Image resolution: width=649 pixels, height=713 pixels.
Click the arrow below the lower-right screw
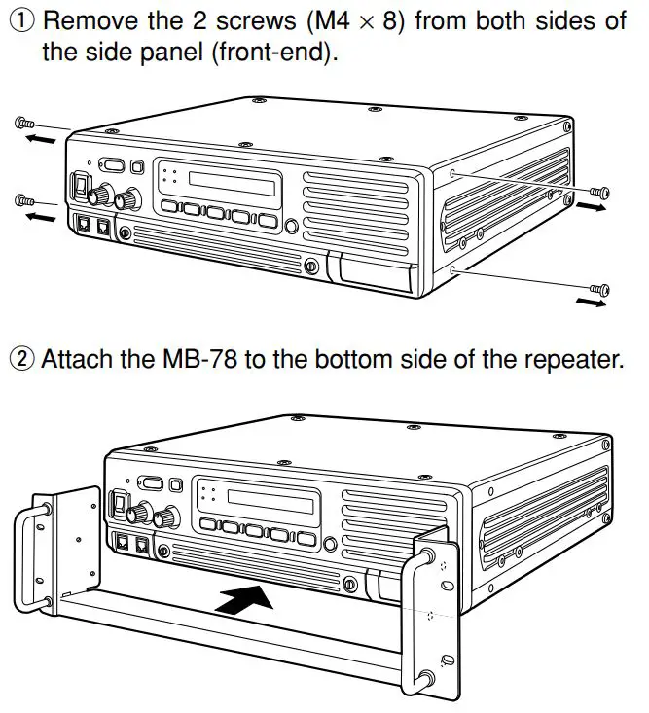tap(588, 304)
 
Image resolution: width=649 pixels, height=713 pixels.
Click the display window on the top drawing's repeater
tap(234, 181)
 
